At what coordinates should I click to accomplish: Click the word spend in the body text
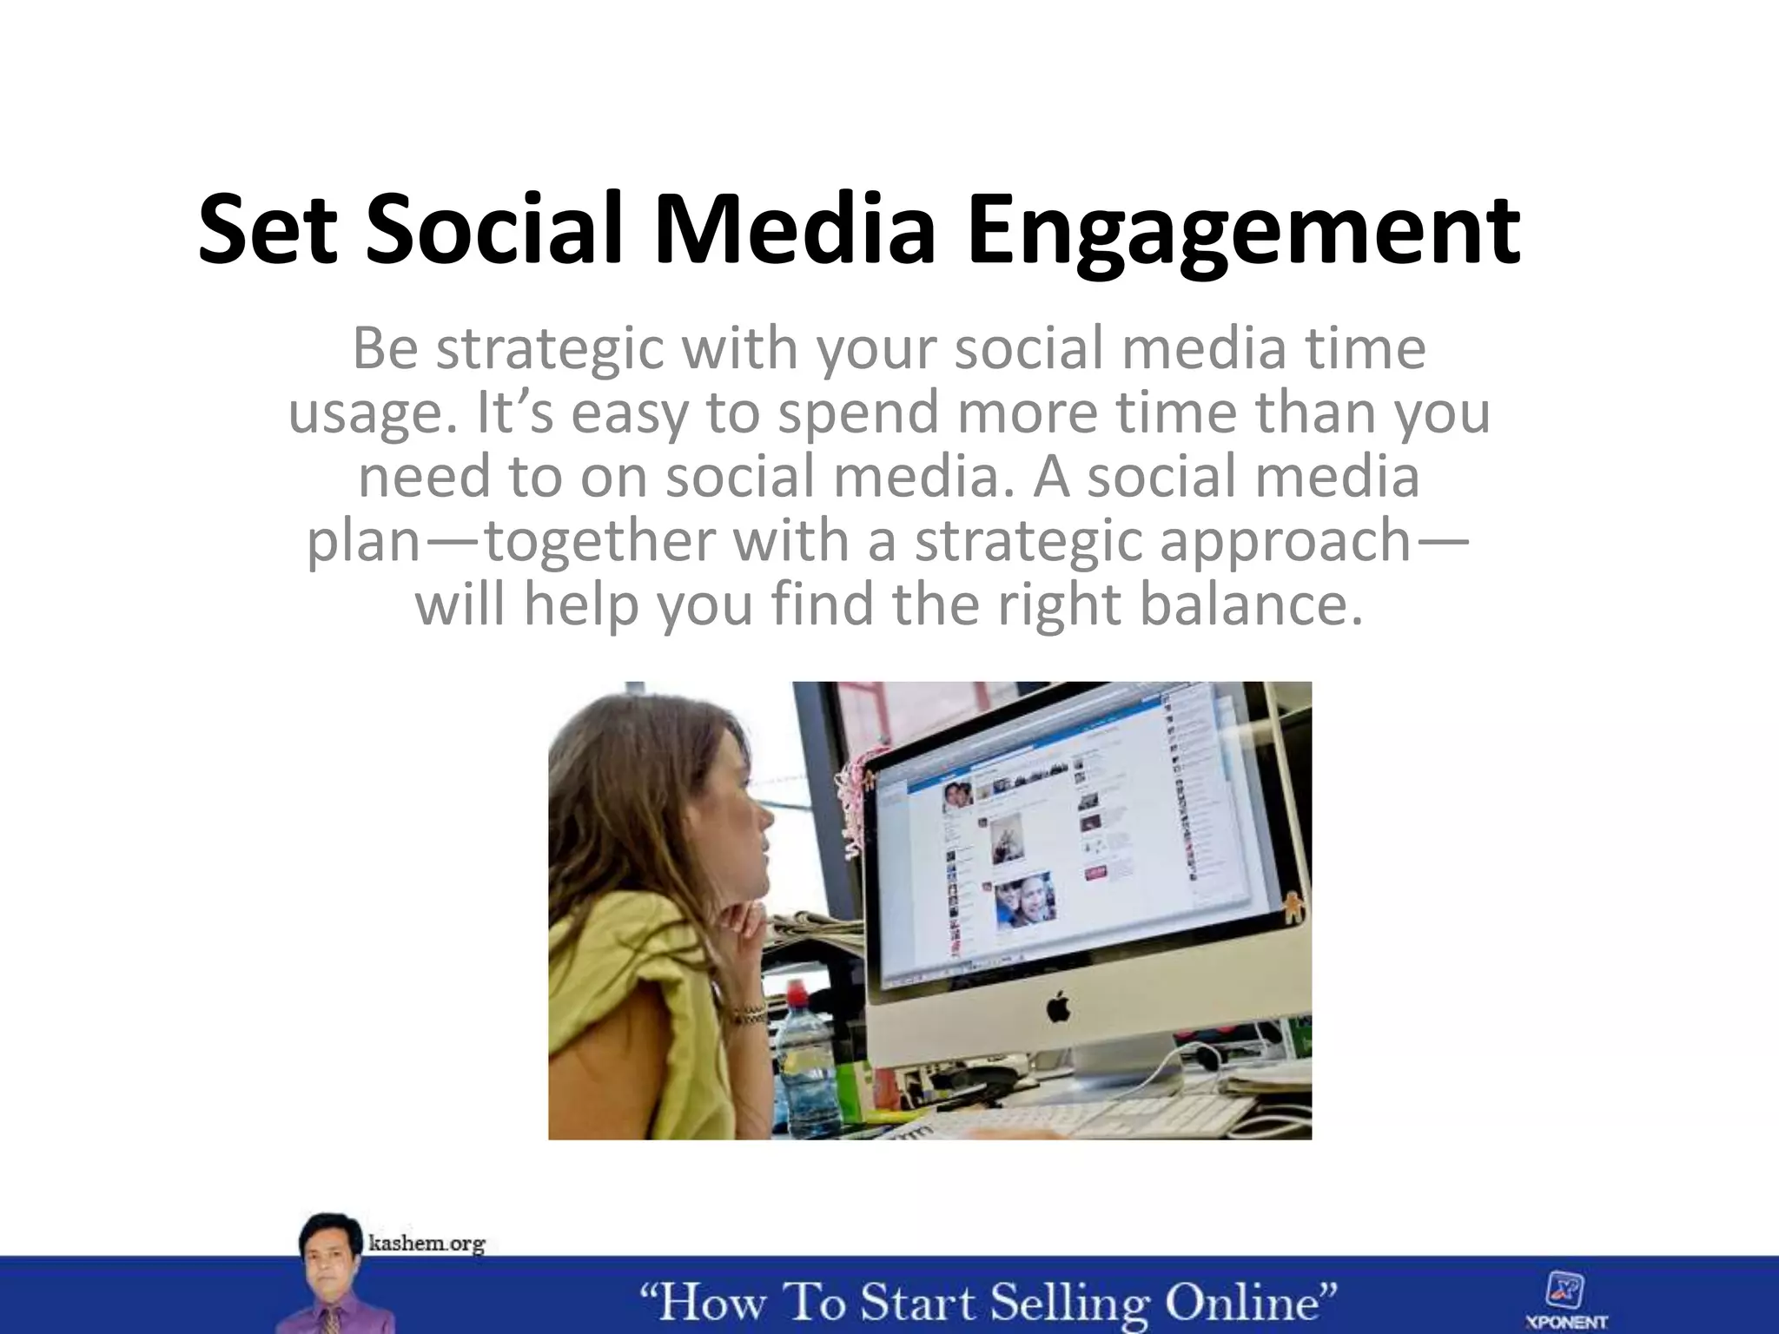coord(857,413)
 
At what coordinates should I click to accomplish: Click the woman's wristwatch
coord(747,1013)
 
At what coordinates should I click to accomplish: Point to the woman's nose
coord(765,817)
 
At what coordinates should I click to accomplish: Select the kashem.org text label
coord(427,1244)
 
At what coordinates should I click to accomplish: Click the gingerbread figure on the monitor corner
coord(1292,908)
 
